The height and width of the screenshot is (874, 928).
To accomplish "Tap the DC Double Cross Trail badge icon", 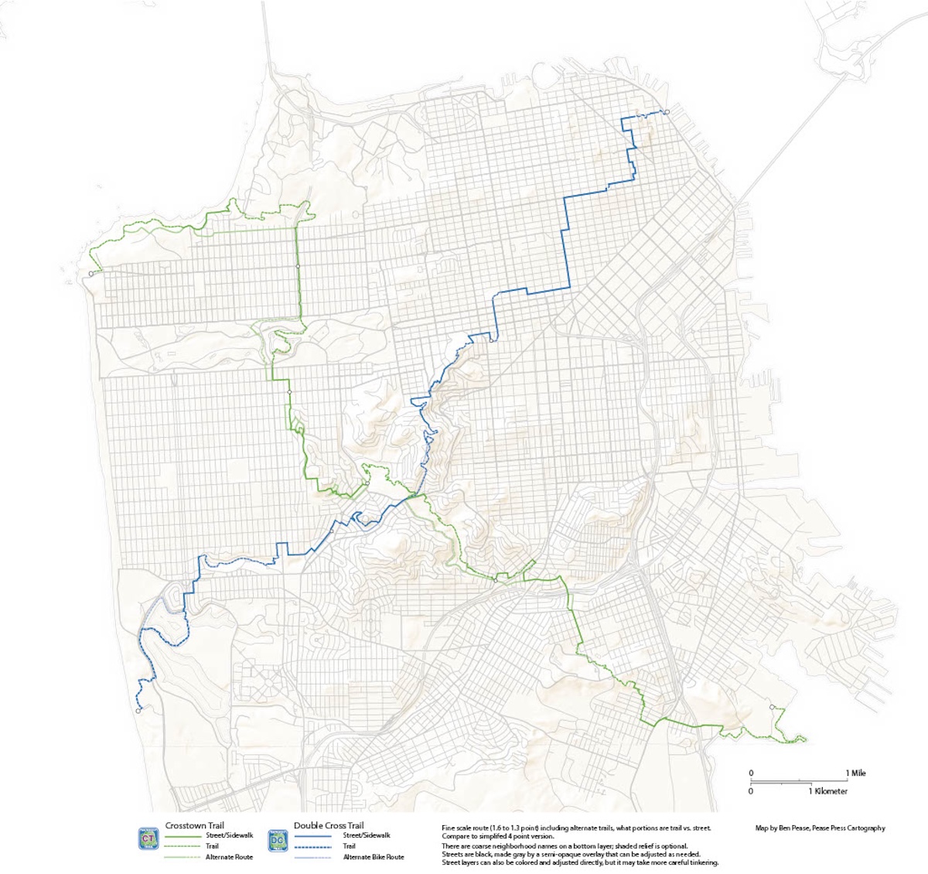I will point(278,839).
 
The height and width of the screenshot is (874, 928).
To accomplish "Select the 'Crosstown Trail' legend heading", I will point(195,825).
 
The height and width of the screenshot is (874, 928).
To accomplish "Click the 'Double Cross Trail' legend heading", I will point(329,825).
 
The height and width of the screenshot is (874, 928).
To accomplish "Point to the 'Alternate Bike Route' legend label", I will point(374,857).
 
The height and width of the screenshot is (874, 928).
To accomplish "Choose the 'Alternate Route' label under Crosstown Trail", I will point(229,857).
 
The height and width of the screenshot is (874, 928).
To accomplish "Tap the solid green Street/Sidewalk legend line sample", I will point(181,835).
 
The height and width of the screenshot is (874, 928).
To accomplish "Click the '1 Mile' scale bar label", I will point(855,773).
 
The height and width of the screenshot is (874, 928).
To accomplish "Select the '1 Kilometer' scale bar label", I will point(828,791).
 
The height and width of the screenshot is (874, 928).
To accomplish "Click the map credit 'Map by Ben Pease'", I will point(787,828).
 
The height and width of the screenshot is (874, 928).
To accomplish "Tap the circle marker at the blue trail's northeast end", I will point(666,113).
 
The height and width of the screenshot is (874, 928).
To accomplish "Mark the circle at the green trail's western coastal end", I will point(91,273).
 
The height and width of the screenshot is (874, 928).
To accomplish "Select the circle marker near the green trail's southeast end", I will point(772,707).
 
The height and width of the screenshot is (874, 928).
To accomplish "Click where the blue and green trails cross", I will point(415,494).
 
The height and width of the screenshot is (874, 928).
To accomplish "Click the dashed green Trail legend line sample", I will point(181,846).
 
